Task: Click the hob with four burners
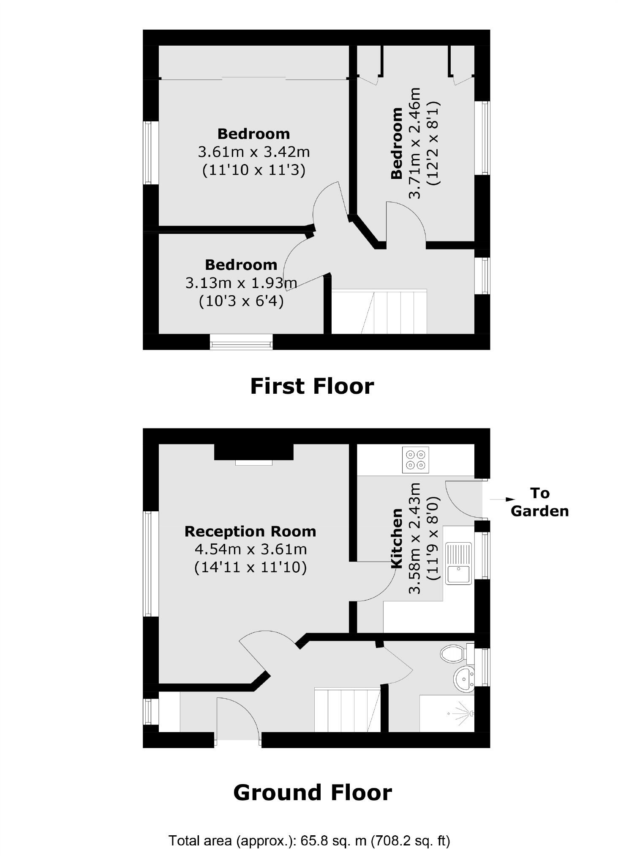[x=415, y=460]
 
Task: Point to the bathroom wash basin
[x=465, y=679]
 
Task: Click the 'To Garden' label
[x=539, y=502]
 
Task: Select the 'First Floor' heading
[x=312, y=386]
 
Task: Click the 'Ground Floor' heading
[x=312, y=793]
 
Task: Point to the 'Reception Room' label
[x=250, y=531]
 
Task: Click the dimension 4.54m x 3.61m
[x=250, y=549]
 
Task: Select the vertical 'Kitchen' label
[x=397, y=538]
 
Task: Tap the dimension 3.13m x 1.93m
[x=241, y=283]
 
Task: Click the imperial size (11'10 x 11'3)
[x=253, y=170]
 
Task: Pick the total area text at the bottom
[x=309, y=840]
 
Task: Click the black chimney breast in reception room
[x=253, y=452]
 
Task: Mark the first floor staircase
[x=379, y=311]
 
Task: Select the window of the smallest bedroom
[x=241, y=342]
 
